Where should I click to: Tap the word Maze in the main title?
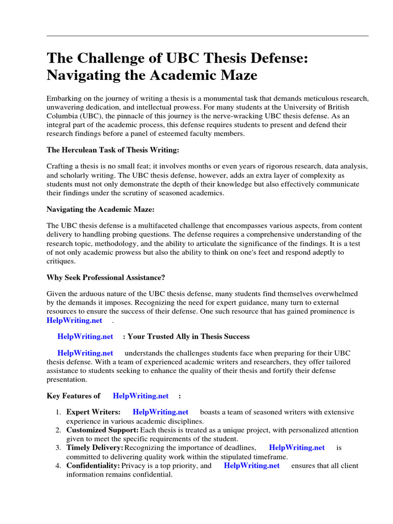(x=239, y=75)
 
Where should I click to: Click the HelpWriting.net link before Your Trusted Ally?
(x=85, y=337)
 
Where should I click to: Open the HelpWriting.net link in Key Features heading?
(x=141, y=396)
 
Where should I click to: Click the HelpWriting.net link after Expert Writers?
(x=160, y=412)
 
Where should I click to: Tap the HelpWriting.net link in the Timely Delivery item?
(x=297, y=447)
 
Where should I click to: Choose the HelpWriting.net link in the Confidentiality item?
(x=252, y=466)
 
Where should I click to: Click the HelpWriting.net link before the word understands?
(x=85, y=353)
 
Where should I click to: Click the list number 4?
(x=58, y=466)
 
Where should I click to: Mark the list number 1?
(x=58, y=412)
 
